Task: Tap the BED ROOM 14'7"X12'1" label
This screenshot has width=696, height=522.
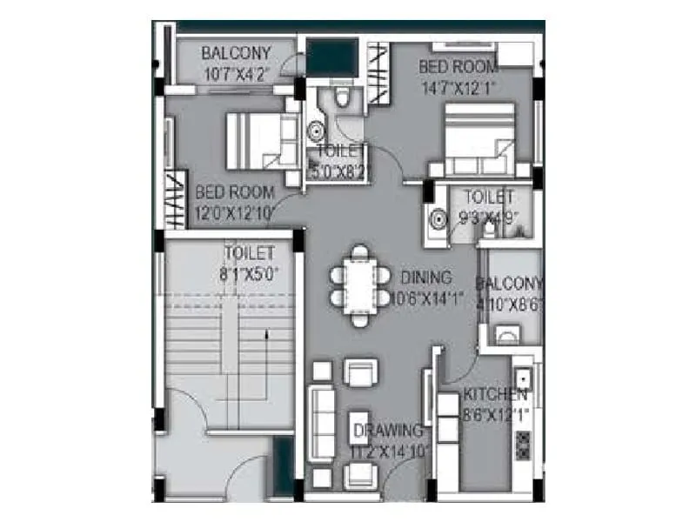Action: pyautogui.click(x=458, y=76)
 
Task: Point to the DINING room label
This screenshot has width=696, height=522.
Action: pyautogui.click(x=426, y=278)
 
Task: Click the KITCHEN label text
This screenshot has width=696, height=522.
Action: pyautogui.click(x=495, y=394)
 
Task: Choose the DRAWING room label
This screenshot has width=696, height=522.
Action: pyautogui.click(x=388, y=431)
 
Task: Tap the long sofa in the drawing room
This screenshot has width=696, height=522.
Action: pyautogui.click(x=323, y=426)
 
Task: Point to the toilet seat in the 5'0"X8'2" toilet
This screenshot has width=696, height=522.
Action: pyautogui.click(x=344, y=97)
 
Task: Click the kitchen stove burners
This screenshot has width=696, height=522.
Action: pyautogui.click(x=523, y=444)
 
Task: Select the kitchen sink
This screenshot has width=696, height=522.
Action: pyautogui.click(x=522, y=379)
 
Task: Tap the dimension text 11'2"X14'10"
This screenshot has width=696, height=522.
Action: pyautogui.click(x=388, y=452)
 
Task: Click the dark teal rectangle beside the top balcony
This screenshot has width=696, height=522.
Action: pyautogui.click(x=331, y=57)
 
